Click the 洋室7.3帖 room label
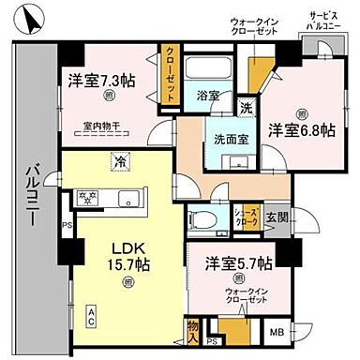click(x=98, y=80)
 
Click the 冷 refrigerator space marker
click(x=121, y=162)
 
